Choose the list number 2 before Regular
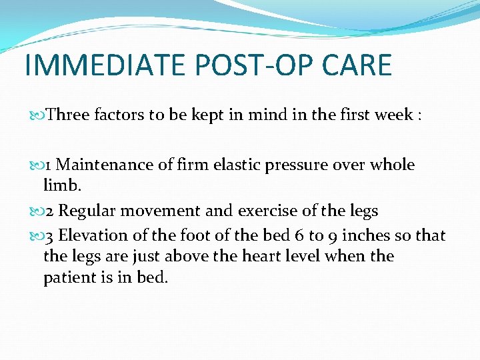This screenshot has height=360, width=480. pyautogui.click(x=51, y=211)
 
